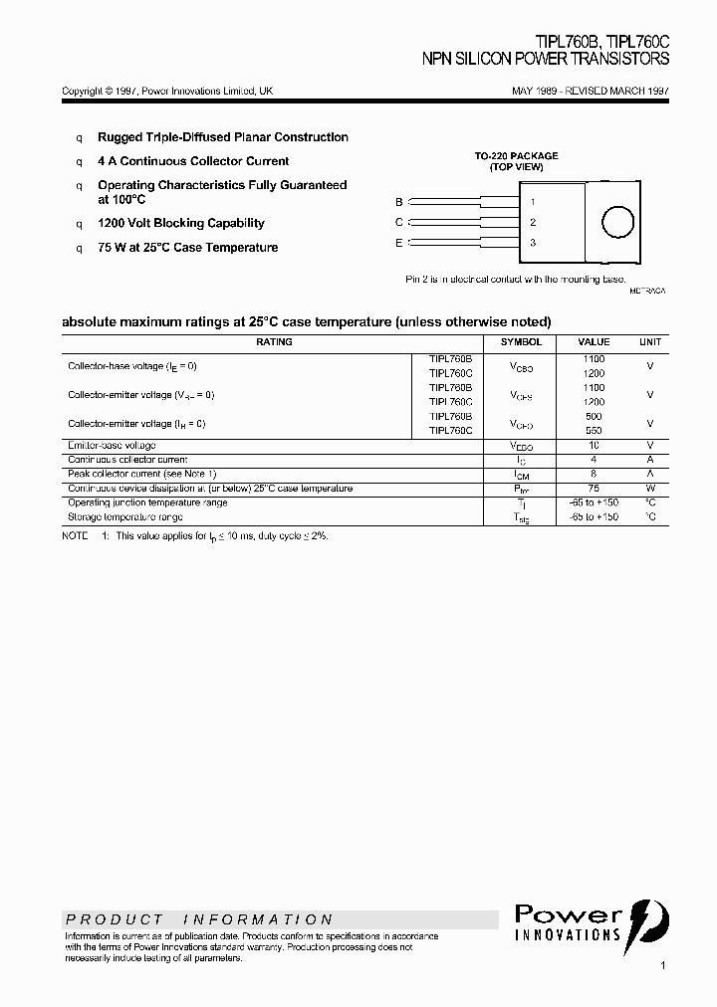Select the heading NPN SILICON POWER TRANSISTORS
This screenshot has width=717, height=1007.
[546, 60]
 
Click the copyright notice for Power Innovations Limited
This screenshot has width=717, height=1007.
[167, 91]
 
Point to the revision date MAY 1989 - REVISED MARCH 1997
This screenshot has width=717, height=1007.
[591, 91]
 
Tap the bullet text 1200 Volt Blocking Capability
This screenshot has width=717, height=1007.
[180, 224]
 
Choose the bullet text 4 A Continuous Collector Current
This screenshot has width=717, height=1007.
[193, 161]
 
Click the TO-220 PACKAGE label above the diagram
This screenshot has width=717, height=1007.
[515, 156]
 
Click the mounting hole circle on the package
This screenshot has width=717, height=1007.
[617, 222]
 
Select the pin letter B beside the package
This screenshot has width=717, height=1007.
[399, 201]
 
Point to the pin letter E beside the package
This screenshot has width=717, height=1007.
[399, 243]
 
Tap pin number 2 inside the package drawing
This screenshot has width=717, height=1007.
[533, 223]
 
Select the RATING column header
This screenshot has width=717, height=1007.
[274, 341]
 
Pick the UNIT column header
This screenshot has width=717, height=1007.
[649, 341]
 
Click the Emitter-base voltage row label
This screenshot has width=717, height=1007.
[112, 446]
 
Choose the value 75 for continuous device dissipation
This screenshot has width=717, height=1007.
[594, 489]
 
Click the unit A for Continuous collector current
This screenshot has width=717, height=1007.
[649, 460]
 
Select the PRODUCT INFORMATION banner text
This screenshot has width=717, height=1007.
[199, 919]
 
